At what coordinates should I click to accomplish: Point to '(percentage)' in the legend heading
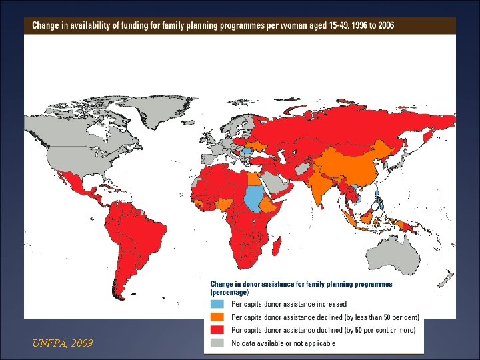pos(229,292)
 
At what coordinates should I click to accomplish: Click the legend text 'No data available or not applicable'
pos(283,343)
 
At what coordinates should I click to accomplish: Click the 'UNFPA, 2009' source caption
pos(63,343)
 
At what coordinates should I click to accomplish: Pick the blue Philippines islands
pos(379,199)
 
